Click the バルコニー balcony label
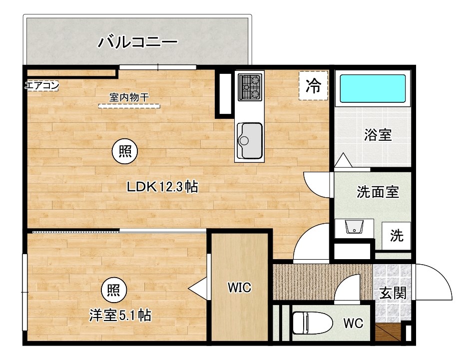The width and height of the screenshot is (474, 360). (x=137, y=41)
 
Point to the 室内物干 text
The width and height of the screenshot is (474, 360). (x=129, y=98)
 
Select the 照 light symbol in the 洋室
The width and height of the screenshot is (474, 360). (x=114, y=289)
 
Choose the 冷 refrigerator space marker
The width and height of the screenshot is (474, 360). (x=313, y=86)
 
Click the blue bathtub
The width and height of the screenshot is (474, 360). (x=373, y=89)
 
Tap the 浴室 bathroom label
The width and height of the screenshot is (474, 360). (x=378, y=135)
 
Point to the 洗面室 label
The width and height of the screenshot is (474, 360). (x=378, y=192)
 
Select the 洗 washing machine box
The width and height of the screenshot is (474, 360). (x=397, y=236)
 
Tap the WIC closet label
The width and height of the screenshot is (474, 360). (x=239, y=288)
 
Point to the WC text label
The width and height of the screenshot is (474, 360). (x=353, y=323)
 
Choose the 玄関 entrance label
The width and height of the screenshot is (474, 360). (x=393, y=294)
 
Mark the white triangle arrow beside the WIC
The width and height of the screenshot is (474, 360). (x=197, y=288)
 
